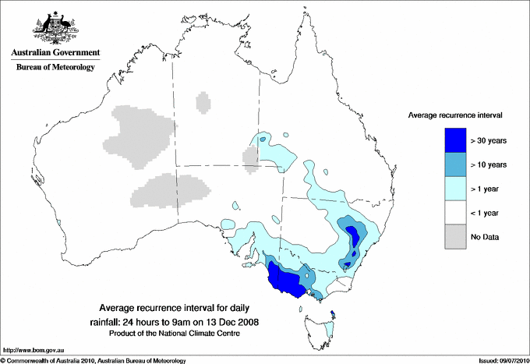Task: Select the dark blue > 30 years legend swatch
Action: tap(455, 140)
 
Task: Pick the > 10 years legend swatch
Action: tap(455, 164)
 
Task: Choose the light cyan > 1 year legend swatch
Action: tap(455, 188)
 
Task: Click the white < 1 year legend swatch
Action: tap(455, 212)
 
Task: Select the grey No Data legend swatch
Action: tap(455, 236)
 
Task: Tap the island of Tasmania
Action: tap(320, 327)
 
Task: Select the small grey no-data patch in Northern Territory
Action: tap(203, 102)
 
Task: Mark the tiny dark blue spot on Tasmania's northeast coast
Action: tap(333, 314)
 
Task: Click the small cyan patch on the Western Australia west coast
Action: tap(59, 224)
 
